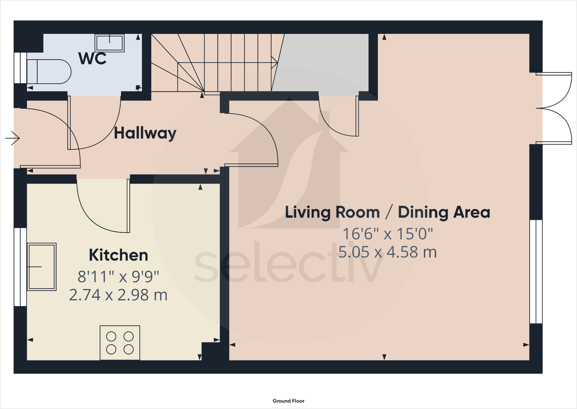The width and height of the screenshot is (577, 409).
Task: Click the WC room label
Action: [92, 58]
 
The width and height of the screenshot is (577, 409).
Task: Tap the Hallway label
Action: [145, 133]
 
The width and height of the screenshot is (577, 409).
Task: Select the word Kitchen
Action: [118, 255]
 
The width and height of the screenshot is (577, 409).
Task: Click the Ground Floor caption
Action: [288, 401]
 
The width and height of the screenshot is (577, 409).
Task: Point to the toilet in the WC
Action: [49, 72]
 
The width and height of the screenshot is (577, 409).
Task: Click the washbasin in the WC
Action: [110, 43]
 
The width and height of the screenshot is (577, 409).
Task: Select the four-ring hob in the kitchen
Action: [120, 343]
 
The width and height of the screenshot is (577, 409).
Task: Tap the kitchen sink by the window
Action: [42, 267]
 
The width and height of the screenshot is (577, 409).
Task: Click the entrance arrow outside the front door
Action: [12, 138]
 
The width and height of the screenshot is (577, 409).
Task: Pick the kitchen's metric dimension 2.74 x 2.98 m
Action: [118, 295]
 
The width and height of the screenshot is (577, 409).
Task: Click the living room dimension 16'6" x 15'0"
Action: [387, 234]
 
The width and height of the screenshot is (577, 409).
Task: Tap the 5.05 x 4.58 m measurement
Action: [387, 252]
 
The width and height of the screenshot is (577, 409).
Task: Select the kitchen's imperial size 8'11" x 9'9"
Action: [118, 276]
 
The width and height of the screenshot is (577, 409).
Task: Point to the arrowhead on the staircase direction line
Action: [275, 62]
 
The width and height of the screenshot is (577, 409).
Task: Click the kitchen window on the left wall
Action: [20, 267]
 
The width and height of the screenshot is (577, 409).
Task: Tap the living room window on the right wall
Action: [536, 272]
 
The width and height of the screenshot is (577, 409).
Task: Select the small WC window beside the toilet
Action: [20, 68]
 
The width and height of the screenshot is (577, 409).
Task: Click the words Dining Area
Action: [444, 212]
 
